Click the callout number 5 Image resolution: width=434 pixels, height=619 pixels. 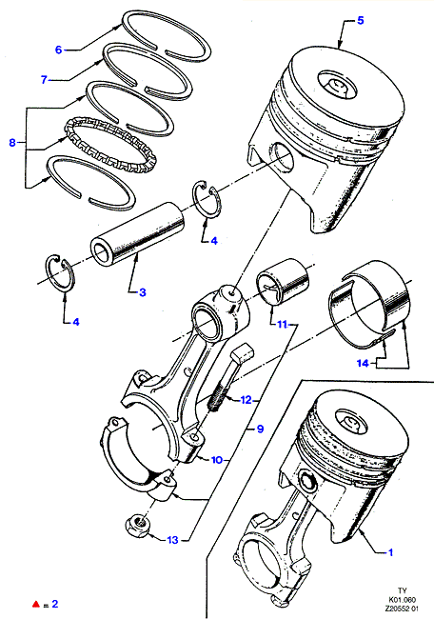point(360,21)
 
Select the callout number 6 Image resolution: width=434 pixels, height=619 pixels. point(58,50)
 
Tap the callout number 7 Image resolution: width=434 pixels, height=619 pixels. point(44,80)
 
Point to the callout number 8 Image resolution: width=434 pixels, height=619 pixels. point(12,142)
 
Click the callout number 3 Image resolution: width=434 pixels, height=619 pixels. point(143,292)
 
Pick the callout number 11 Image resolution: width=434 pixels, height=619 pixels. point(282,325)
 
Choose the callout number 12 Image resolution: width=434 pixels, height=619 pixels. point(246,400)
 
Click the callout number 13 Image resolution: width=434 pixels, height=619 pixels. point(173,540)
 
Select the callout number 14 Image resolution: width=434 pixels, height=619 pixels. point(363,363)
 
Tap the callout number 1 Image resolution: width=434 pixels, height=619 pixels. point(390,552)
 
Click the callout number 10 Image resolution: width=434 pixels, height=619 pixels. point(217,460)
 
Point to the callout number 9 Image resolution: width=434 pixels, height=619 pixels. point(260,429)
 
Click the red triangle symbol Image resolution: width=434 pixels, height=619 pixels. point(36,604)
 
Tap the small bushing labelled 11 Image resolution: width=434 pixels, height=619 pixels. point(283,282)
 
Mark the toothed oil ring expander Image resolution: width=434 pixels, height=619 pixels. point(110,147)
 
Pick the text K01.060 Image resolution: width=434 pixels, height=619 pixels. point(402,599)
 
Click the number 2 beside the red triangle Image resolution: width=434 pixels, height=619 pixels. point(55,604)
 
